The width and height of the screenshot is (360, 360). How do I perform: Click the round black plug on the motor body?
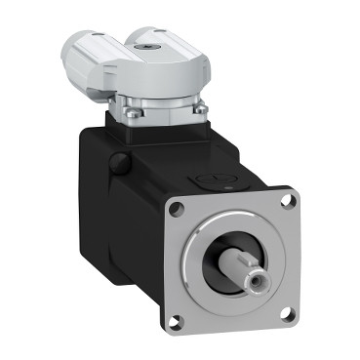(117, 160)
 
